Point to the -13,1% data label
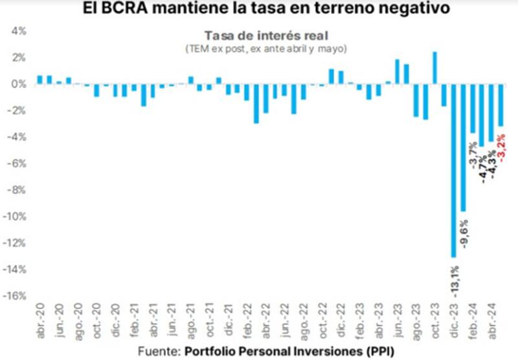click(455, 278)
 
